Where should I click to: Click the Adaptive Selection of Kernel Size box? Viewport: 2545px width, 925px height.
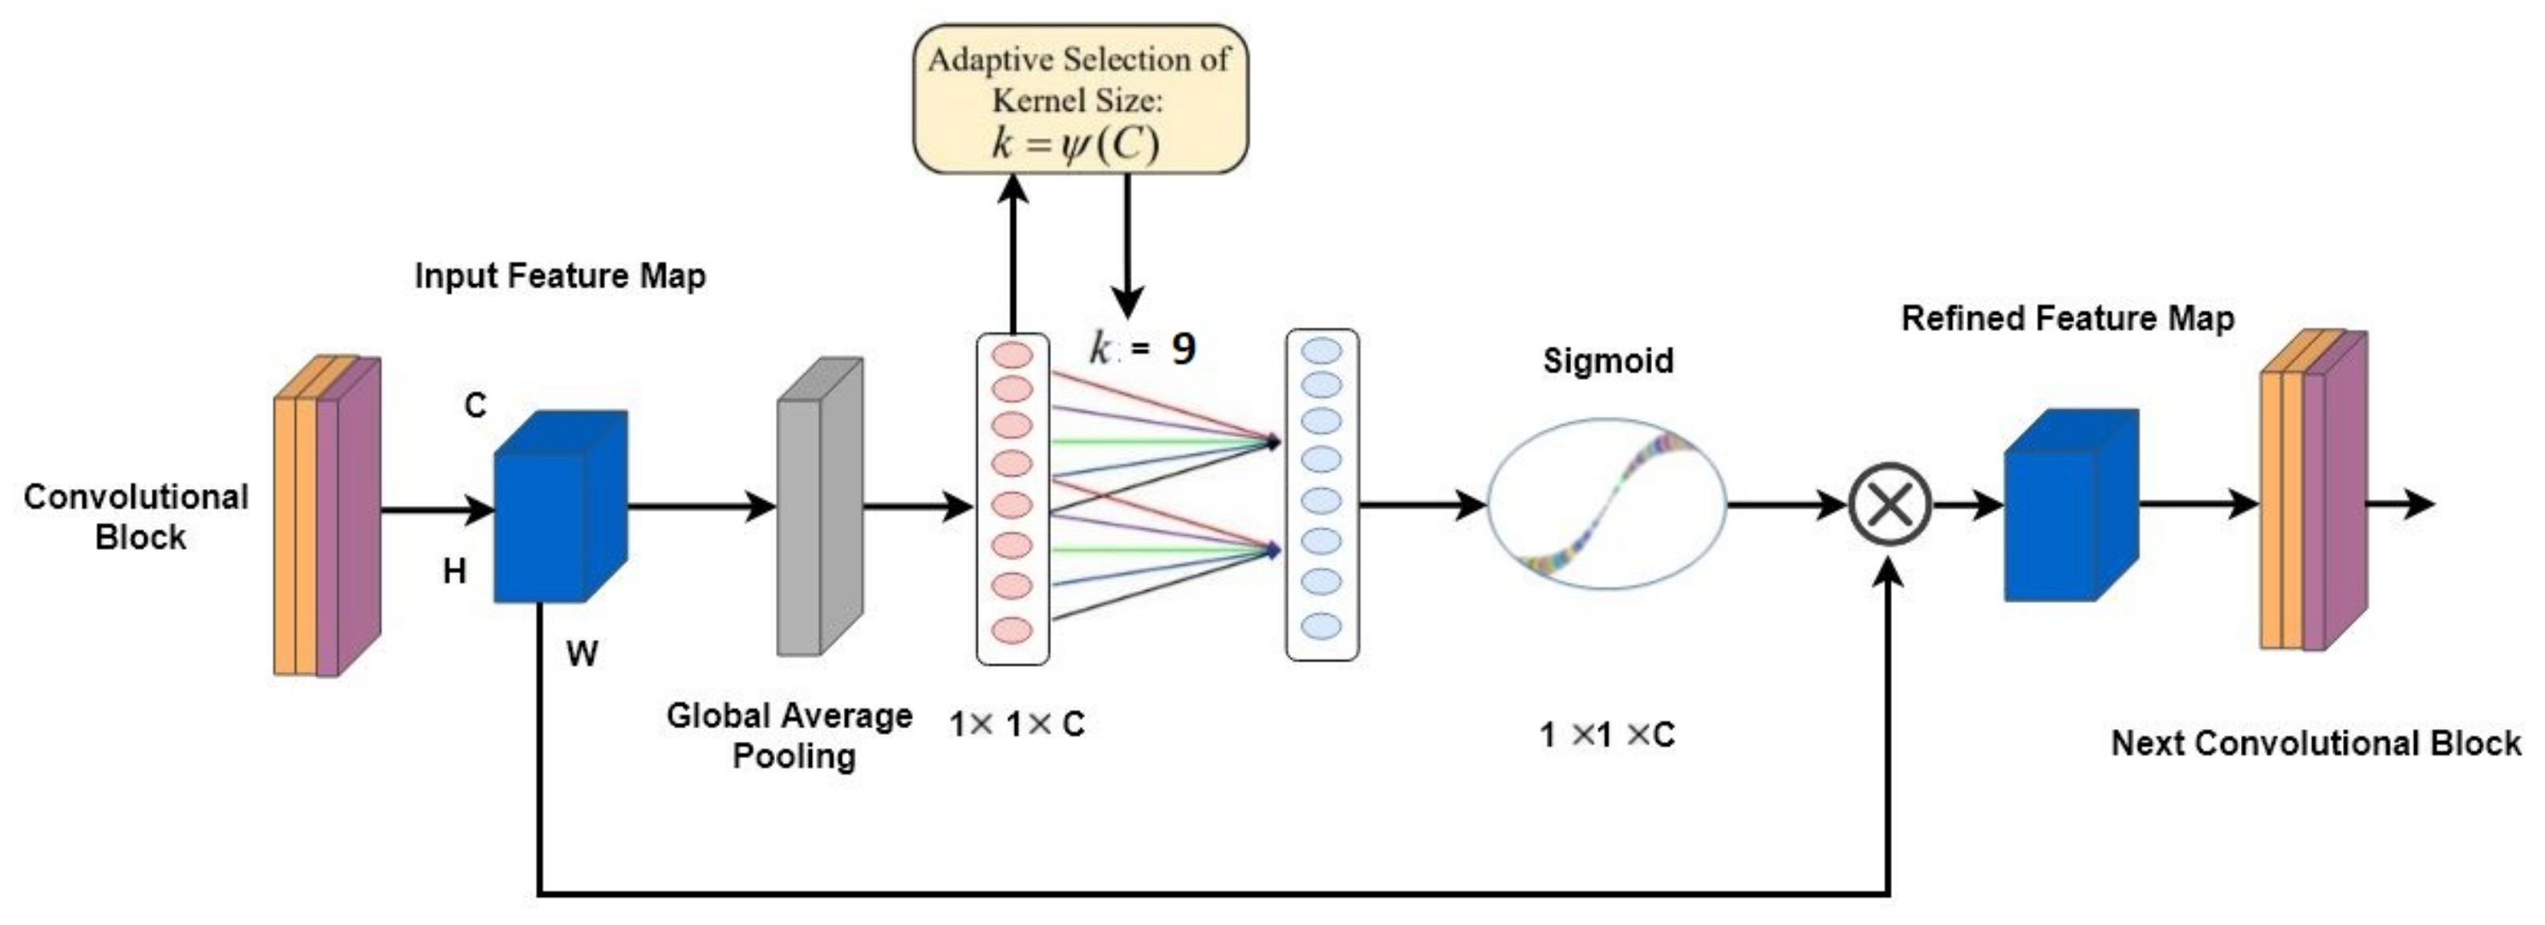click(1079, 99)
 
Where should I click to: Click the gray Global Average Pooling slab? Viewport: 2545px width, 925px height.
click(819, 507)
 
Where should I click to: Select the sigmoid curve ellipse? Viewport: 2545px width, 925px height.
click(1606, 504)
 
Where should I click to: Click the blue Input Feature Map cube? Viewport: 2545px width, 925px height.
click(558, 507)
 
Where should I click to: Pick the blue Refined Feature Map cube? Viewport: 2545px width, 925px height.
click(2070, 505)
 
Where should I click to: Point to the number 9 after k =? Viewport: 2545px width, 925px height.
click(1183, 348)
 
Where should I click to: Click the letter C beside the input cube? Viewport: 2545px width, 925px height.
click(475, 405)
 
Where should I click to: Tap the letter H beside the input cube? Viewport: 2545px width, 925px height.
click(453, 571)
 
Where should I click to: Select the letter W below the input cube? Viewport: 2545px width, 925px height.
click(582, 654)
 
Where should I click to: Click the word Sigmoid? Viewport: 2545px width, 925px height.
click(1607, 361)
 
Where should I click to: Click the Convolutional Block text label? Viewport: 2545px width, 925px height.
click(136, 517)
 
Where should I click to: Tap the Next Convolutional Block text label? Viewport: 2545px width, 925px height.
click(2315, 744)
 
